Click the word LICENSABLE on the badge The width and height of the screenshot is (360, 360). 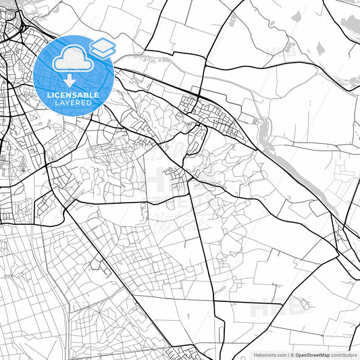click(74, 95)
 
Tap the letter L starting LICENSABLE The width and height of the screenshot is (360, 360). click(50, 95)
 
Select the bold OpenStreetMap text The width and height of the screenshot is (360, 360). click(310, 355)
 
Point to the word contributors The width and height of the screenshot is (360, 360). click(344, 355)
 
